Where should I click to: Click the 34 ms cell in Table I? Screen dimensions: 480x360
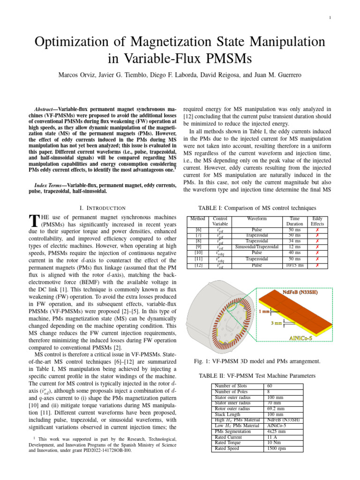coord(294,241)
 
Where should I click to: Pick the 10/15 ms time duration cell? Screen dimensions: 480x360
coord(294,266)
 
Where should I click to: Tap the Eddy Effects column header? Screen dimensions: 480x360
coord(317,221)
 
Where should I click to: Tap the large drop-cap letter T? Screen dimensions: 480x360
coord(33,220)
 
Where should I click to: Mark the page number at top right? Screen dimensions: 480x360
coord(330,18)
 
